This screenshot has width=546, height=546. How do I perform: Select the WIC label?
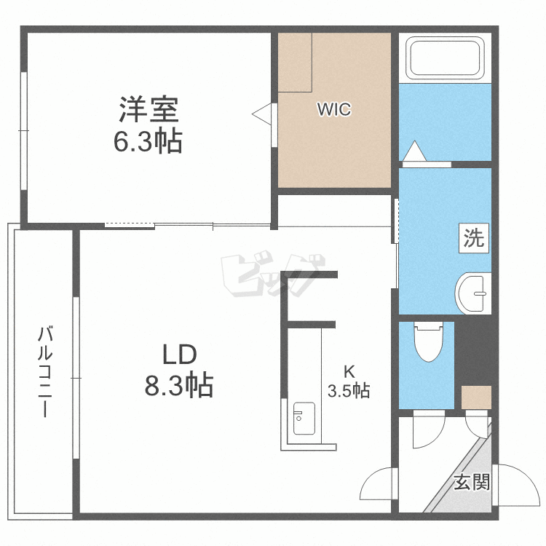pos(333,110)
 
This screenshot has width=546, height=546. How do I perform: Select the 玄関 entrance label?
pos(472,482)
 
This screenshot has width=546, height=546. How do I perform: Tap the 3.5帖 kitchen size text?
pos(349,391)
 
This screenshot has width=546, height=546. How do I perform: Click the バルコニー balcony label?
pos(46,372)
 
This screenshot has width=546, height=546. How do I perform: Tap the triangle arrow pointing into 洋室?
pos(261,113)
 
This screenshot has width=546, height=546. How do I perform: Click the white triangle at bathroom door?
pos(414,151)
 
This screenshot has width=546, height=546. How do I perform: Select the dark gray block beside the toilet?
pos(473,349)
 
